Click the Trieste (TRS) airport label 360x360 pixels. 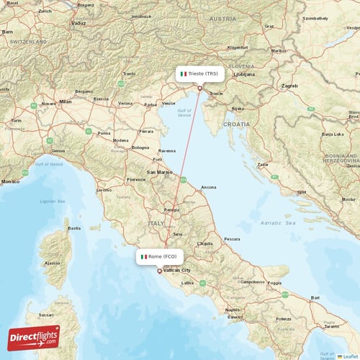[x=199, y=73]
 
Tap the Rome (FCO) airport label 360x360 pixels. [x=160, y=256]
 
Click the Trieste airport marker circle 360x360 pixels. [x=200, y=88]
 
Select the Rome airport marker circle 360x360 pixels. [x=160, y=271]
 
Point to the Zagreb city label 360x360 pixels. [x=290, y=86]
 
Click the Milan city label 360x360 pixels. [x=66, y=102]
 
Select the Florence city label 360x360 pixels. [x=135, y=179]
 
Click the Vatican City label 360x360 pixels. [x=176, y=270]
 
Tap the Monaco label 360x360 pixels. [x=10, y=181]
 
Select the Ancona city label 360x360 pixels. [x=209, y=187]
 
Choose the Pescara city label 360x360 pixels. [x=232, y=238]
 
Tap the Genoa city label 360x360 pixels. [x=58, y=150]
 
